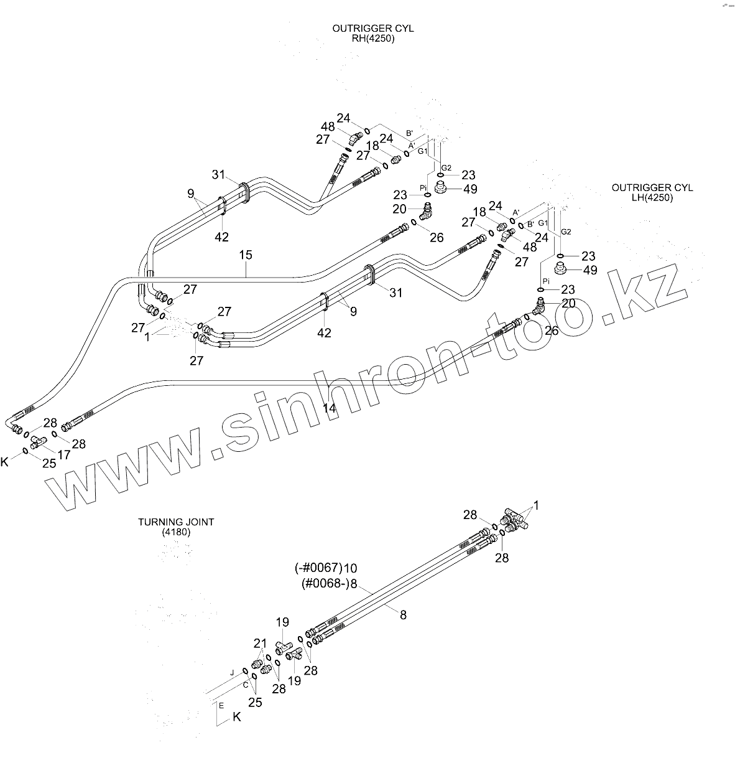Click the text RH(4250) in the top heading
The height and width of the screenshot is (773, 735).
click(372, 38)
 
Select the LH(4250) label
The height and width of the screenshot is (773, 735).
click(652, 197)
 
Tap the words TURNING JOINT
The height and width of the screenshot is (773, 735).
click(176, 522)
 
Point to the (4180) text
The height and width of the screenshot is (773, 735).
click(176, 532)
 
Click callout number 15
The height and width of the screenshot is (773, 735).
click(246, 255)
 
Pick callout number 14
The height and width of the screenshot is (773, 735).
click(330, 408)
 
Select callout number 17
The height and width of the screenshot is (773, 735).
click(63, 455)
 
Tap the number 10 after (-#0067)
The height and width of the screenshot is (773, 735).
click(350, 568)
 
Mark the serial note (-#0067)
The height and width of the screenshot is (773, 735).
click(318, 568)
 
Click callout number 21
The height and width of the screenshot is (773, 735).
click(259, 644)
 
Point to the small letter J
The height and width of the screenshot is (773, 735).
click(232, 672)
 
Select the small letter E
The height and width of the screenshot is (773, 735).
click(221, 705)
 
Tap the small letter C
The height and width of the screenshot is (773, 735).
click(246, 685)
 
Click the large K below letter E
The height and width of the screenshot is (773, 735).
click(236, 717)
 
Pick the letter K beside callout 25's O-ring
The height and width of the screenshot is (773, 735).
click(5, 461)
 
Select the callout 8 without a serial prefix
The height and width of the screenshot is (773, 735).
click(403, 615)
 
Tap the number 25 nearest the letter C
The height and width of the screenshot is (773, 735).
click(255, 703)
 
